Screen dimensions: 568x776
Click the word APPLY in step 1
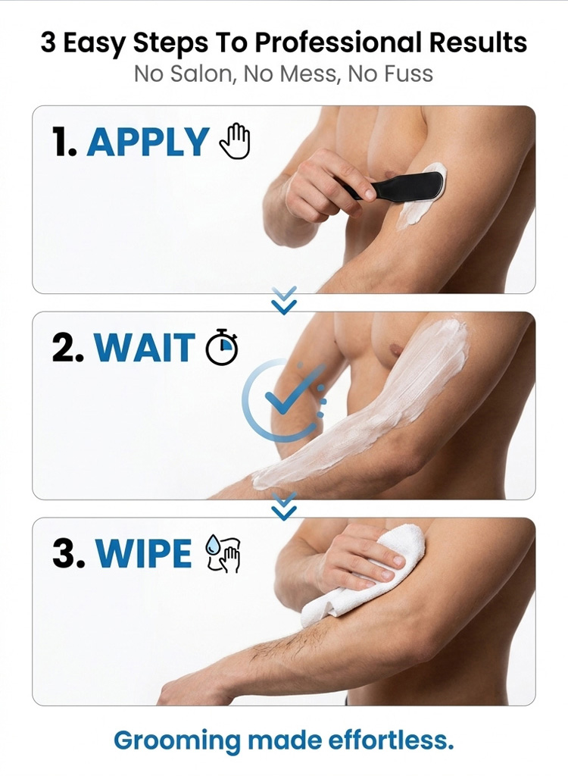tap(148, 142)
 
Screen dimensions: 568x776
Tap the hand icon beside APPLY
tap(235, 141)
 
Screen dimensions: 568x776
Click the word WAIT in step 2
tap(145, 347)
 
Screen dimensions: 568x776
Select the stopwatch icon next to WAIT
tap(222, 346)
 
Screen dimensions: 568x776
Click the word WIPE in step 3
tap(143, 552)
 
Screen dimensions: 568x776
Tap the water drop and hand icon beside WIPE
tap(223, 553)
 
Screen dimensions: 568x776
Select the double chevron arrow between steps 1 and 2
tap(284, 300)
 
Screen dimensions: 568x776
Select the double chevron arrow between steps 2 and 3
tap(284, 505)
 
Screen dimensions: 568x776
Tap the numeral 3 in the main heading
tap(48, 42)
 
